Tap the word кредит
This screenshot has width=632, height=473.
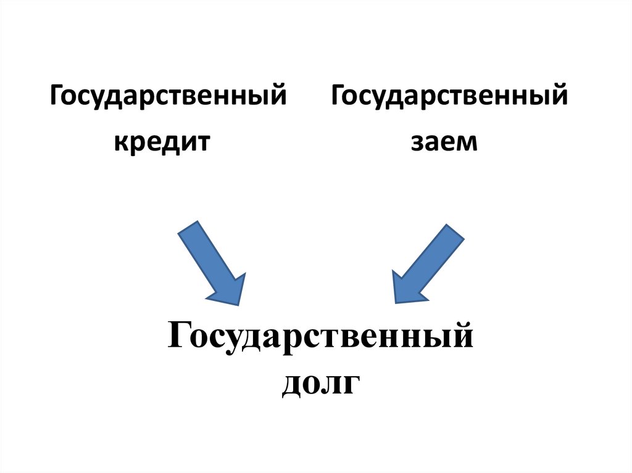(x=162, y=143)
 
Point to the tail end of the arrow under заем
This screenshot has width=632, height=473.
(x=454, y=233)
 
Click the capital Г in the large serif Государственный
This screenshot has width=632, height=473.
(x=180, y=339)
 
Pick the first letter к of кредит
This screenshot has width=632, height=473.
(x=118, y=144)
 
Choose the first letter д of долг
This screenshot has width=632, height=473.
(x=293, y=385)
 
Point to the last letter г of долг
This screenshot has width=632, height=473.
(x=351, y=384)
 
